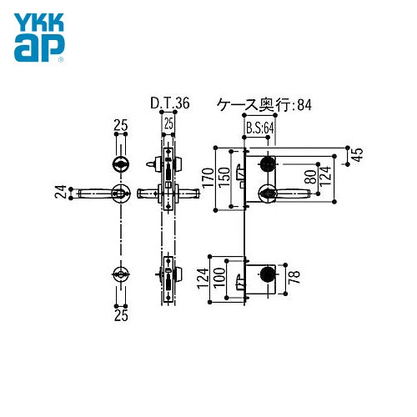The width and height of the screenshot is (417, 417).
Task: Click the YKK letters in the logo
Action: click(39, 22)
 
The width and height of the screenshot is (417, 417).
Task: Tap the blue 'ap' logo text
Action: click(39, 48)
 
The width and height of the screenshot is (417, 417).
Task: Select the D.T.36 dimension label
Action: click(170, 103)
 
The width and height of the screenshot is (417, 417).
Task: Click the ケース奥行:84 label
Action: click(264, 105)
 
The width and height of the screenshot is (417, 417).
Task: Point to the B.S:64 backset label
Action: click(260, 128)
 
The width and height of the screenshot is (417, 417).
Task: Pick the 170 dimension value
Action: click(208, 178)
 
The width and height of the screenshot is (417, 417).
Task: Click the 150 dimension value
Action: click(224, 178)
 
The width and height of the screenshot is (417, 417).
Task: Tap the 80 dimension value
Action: click(310, 177)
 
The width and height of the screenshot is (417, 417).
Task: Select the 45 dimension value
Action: click(358, 154)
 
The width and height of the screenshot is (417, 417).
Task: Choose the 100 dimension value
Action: click(219, 278)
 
